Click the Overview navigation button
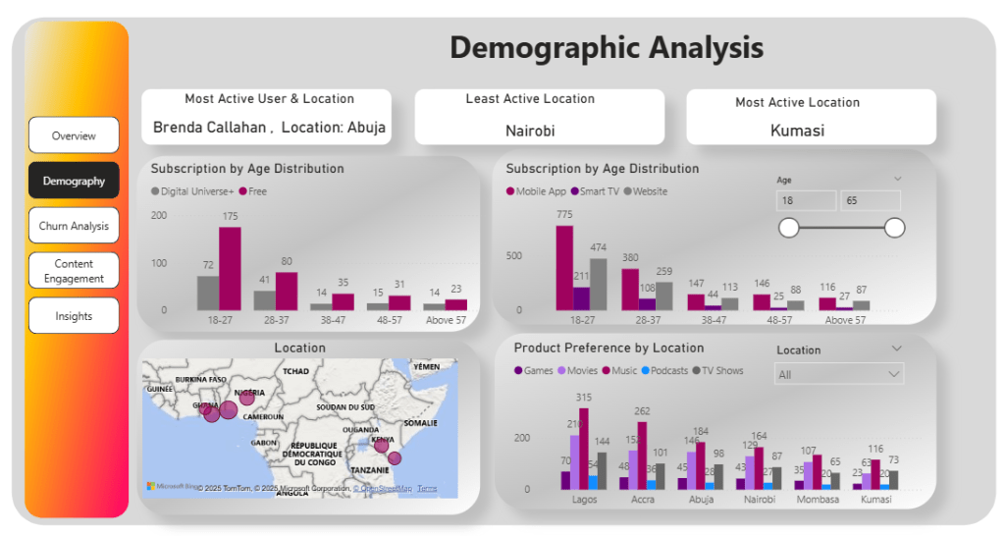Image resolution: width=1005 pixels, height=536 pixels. coord(74,135)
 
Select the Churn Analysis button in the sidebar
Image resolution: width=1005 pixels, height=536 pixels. coord(74,226)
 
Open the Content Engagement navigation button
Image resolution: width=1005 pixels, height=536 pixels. coord(74,271)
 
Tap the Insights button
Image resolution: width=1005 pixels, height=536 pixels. coord(74,316)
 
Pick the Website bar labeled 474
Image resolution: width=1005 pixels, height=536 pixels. coord(598,284)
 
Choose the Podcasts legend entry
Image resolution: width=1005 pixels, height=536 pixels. coord(666,371)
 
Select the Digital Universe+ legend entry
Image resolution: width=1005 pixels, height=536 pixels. coord(193,191)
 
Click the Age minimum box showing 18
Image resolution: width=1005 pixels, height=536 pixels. coord(806,200)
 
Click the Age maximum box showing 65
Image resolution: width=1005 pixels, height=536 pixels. coord(870,200)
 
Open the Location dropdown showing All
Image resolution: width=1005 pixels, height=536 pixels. coord(839,374)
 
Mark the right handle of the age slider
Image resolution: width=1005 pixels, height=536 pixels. coord(894,228)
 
